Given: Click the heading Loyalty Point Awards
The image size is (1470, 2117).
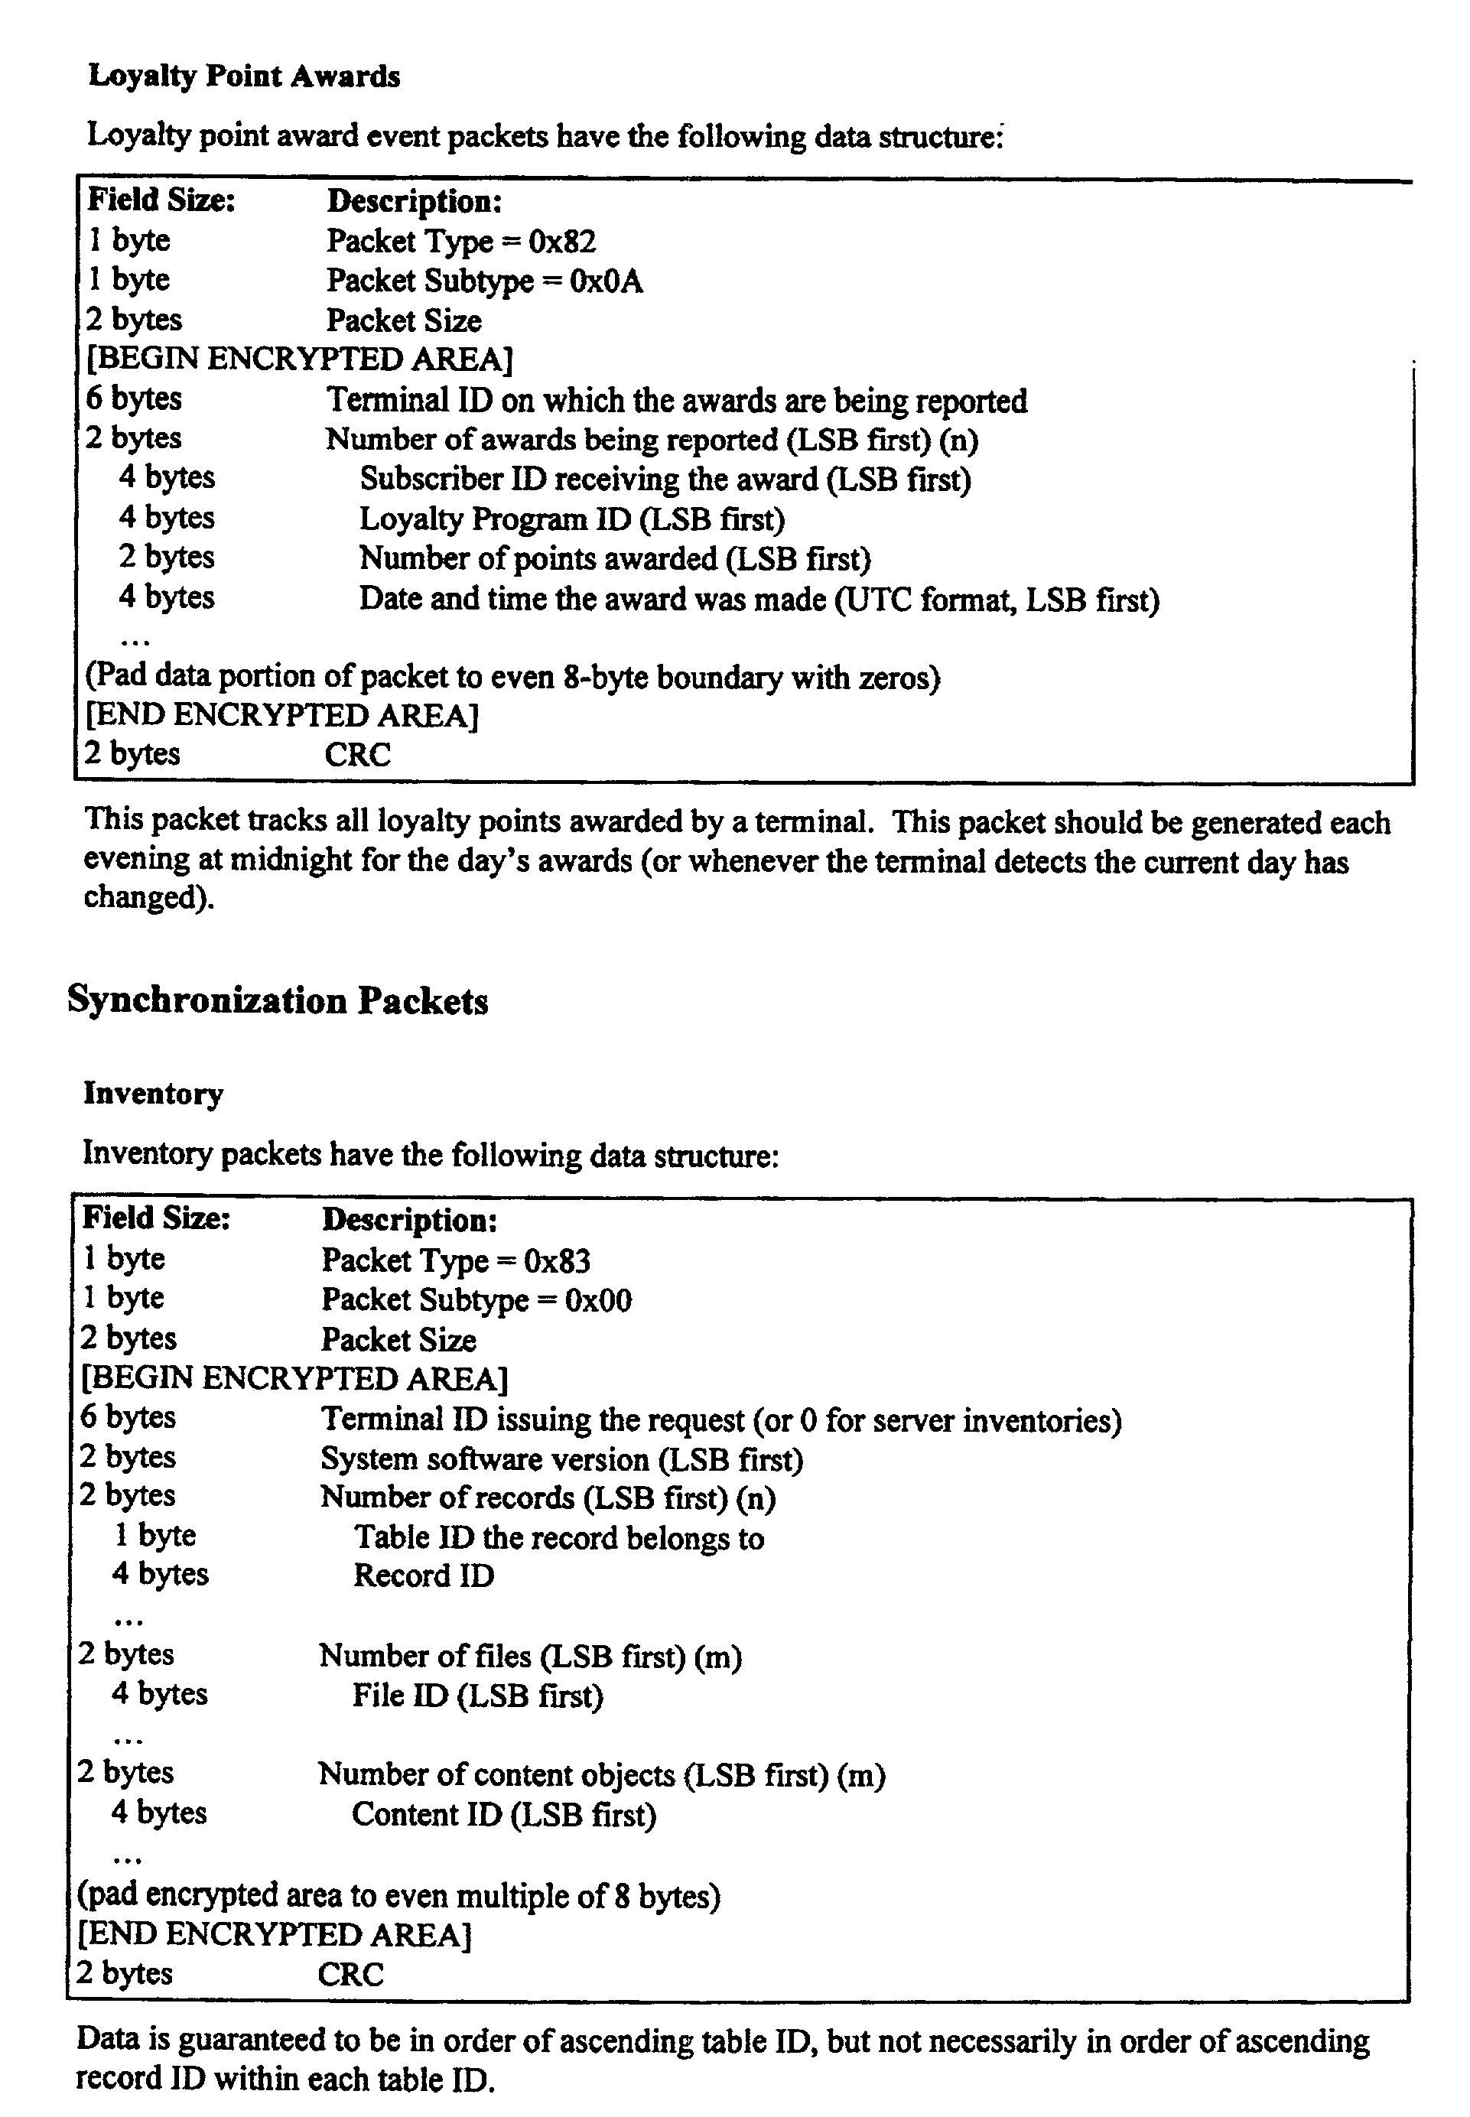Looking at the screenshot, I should click(x=244, y=76).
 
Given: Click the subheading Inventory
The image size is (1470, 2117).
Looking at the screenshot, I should click(x=153, y=1094).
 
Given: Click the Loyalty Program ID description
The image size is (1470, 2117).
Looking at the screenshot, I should click(x=571, y=519).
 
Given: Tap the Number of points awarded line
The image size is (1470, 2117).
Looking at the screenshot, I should click(x=614, y=559).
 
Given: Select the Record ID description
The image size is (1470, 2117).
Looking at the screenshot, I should click(x=424, y=1576).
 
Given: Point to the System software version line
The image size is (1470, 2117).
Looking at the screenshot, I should click(x=562, y=1458).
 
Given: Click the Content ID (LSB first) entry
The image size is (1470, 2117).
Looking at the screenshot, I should click(x=504, y=1814).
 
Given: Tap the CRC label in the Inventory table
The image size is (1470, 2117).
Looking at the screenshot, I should click(x=351, y=1973).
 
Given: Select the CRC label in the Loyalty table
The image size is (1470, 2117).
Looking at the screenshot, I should click(x=357, y=754).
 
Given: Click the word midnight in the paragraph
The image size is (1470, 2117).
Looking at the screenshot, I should click(x=278, y=860).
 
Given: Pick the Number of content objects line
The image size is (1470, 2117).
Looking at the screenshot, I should click(x=601, y=1774).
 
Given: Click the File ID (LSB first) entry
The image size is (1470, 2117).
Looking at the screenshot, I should click(x=477, y=1696).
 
